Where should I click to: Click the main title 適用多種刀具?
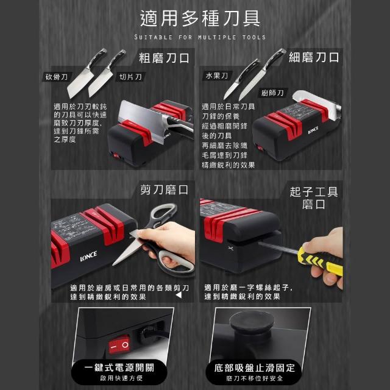click(200, 19)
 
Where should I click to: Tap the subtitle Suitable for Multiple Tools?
click(200, 37)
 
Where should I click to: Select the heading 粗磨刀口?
click(164, 58)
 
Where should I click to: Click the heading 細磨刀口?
click(314, 57)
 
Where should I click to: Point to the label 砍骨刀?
click(57, 77)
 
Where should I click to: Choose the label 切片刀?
click(130, 77)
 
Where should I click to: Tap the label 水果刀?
click(217, 76)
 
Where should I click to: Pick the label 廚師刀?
click(272, 93)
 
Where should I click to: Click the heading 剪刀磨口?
click(164, 190)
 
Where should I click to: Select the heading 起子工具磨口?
click(313, 198)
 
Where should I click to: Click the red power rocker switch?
click(119, 345)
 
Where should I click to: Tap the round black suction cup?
click(252, 322)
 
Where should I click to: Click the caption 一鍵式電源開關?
click(119, 367)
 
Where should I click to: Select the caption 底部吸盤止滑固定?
click(255, 368)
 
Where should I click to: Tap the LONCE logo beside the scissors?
click(88, 256)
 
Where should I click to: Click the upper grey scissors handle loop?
click(163, 214)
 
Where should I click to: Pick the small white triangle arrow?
click(179, 295)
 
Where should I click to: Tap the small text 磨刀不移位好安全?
click(255, 378)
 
